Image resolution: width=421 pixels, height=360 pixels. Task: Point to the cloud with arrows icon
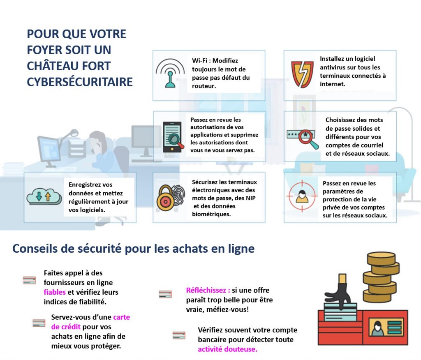tap(44, 196)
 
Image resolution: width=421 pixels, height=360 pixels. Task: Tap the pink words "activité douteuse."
tap(227, 349)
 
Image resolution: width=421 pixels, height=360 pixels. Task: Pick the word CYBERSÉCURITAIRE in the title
tap(80, 81)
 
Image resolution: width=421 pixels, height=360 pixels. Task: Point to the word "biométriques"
tap(211, 214)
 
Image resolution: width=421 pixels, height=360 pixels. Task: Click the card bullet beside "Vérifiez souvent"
tap(178, 335)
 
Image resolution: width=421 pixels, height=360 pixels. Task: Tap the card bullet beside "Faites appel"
tap(29, 281)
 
